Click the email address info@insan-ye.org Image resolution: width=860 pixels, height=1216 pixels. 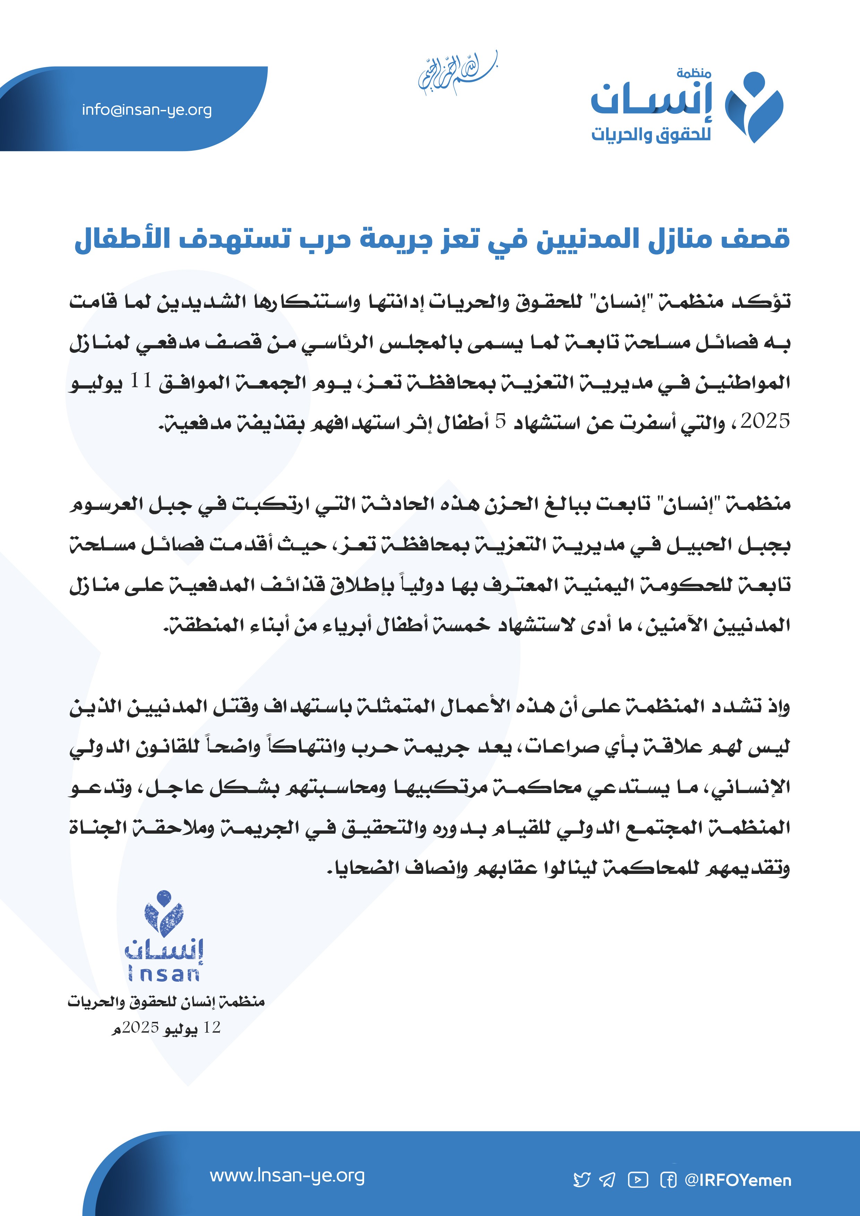(x=147, y=110)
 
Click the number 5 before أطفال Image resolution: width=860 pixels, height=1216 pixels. (x=500, y=421)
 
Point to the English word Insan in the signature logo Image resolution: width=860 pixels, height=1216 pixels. (x=164, y=973)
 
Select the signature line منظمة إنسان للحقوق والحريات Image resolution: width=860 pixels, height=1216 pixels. (x=166, y=1001)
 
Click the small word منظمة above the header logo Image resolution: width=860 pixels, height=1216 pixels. (x=693, y=73)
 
